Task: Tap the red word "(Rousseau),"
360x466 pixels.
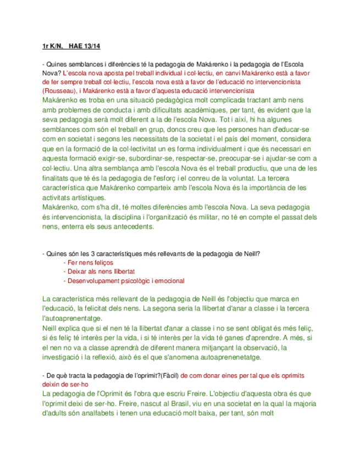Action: (59, 90)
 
